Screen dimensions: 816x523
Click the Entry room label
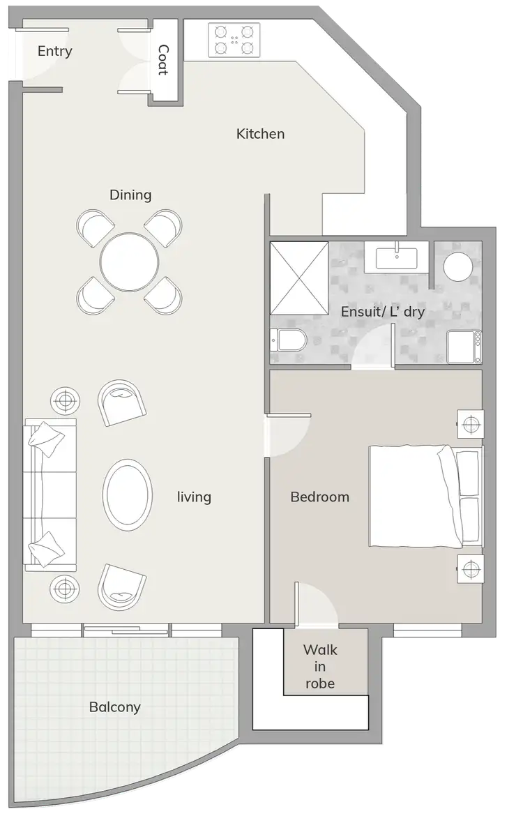click(x=54, y=52)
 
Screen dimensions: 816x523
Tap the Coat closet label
click(x=163, y=60)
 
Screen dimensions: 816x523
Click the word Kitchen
click(x=260, y=134)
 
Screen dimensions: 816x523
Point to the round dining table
click(x=129, y=262)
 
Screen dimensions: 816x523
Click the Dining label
click(x=130, y=195)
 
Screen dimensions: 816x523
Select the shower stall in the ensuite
click(x=298, y=278)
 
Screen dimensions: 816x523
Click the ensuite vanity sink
click(x=397, y=257)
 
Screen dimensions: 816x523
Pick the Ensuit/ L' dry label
click(x=382, y=312)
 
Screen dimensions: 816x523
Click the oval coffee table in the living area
click(x=127, y=494)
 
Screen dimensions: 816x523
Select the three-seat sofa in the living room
click(x=50, y=494)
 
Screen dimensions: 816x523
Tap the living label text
click(x=194, y=497)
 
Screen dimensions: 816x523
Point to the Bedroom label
click(x=319, y=497)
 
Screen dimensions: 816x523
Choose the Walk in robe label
click(x=320, y=667)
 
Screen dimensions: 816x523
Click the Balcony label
click(x=114, y=707)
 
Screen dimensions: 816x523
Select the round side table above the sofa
click(x=65, y=400)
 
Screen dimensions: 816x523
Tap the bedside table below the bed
click(x=469, y=569)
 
